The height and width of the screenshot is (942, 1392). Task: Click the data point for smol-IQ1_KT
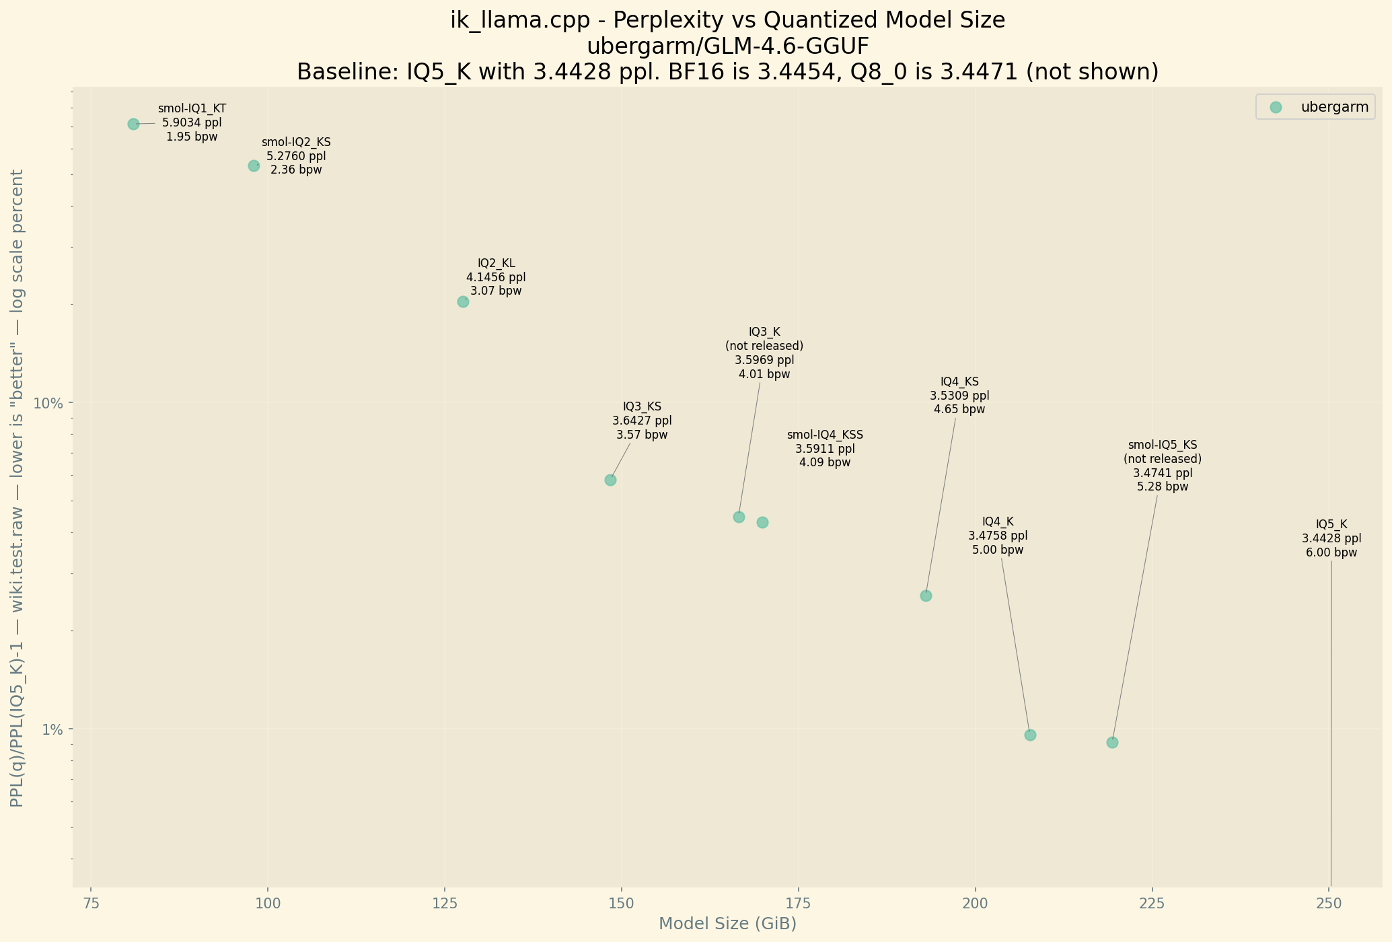point(133,124)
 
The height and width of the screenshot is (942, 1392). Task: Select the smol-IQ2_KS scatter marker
point(254,166)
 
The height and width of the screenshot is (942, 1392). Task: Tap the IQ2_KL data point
point(463,301)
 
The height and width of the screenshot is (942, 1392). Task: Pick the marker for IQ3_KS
point(610,480)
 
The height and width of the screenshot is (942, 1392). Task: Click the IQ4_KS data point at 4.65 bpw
point(926,595)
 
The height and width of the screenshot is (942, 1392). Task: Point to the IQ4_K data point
point(1030,735)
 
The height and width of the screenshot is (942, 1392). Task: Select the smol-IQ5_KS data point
point(1112,742)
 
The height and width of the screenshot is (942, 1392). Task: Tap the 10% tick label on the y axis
point(48,404)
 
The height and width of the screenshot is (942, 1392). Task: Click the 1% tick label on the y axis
point(52,729)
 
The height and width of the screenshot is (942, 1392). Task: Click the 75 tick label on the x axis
point(91,902)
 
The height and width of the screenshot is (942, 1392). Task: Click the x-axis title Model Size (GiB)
point(727,924)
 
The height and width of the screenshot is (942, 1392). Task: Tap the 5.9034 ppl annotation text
point(192,122)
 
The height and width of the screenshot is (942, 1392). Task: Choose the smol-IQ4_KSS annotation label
point(825,435)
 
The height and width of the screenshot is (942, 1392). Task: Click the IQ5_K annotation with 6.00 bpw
point(1331,538)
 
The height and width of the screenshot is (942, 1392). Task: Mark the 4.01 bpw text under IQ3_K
point(764,374)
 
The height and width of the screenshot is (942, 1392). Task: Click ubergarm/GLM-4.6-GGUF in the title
point(727,46)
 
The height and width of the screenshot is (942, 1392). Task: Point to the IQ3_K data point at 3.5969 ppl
point(739,517)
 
